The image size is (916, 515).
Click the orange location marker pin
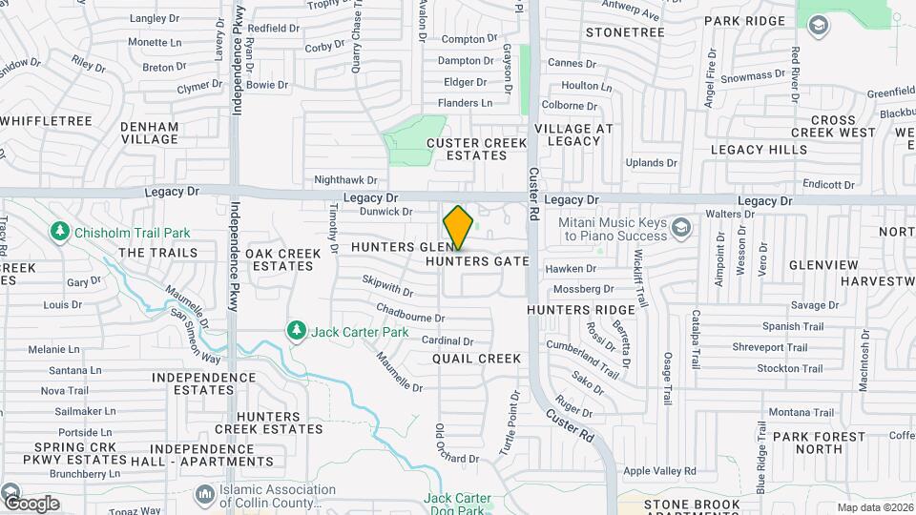click(458, 228)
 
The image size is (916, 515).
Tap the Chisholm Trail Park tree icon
click(60, 232)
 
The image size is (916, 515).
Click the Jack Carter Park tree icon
click(297, 331)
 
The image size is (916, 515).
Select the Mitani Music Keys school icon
click(680, 227)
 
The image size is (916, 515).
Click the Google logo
click(31, 503)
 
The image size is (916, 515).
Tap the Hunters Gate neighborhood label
click(477, 260)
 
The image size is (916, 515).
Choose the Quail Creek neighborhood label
click(476, 359)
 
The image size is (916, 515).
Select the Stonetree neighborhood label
click(625, 32)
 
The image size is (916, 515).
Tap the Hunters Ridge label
click(580, 310)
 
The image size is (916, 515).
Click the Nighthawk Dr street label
click(345, 179)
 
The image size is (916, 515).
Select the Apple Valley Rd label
click(660, 471)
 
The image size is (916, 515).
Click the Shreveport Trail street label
click(770, 347)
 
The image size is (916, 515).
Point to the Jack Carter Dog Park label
click(457, 504)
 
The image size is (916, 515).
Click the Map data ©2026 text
click(874, 507)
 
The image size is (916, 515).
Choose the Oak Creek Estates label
click(279, 259)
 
